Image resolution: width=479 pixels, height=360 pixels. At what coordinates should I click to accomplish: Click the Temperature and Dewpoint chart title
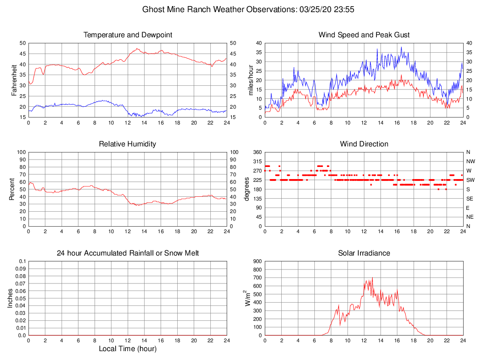127,35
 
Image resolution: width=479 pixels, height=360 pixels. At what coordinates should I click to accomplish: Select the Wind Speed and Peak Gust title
364,35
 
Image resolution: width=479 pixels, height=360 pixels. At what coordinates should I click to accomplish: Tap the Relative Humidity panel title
127,144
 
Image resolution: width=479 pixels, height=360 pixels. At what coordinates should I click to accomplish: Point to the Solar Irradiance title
364,253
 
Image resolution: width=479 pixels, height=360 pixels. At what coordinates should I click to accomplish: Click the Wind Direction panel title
364,144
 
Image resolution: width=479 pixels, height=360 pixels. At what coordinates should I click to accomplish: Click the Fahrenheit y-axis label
14,80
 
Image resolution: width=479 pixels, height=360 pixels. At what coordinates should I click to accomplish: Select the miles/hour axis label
251,80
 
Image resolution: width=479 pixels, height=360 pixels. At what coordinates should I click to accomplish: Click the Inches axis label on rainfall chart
11,298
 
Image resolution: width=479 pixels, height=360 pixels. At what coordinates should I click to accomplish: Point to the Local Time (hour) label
127,349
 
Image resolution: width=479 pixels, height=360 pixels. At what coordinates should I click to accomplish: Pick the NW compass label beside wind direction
470,161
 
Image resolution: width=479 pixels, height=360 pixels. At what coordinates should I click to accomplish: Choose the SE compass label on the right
469,198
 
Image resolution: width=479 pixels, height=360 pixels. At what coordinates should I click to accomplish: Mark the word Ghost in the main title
153,9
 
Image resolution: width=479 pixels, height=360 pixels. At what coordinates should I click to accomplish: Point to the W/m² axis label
248,298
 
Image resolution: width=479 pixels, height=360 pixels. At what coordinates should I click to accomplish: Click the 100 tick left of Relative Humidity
21,152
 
